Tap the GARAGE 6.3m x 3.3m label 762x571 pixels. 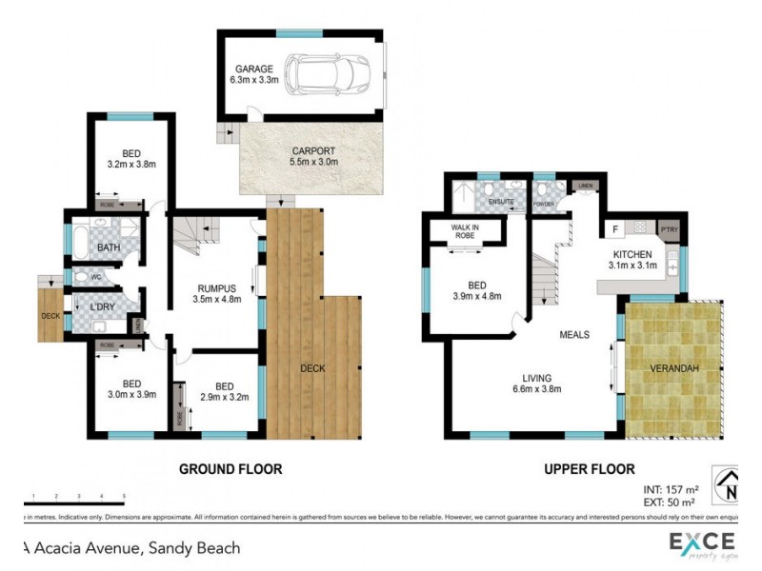pyautogui.click(x=251, y=75)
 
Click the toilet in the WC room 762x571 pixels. pyautogui.click(x=83, y=277)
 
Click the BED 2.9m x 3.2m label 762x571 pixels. pyautogui.click(x=225, y=391)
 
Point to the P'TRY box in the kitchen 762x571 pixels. pyautogui.click(x=668, y=229)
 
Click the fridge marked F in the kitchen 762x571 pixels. pyautogui.click(x=614, y=228)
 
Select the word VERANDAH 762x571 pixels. pyautogui.click(x=674, y=368)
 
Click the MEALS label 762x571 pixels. pyautogui.click(x=574, y=335)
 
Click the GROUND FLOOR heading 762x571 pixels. pyautogui.click(x=231, y=469)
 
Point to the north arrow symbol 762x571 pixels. pyautogui.click(x=729, y=488)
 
